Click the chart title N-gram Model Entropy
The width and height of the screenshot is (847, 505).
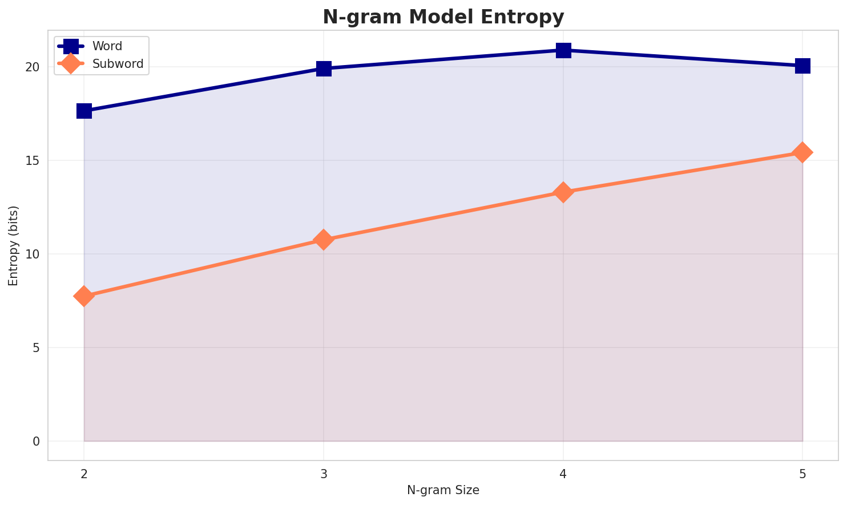[x=443, y=17]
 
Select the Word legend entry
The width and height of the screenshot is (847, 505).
[x=107, y=46]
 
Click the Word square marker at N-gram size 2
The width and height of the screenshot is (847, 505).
[x=84, y=111]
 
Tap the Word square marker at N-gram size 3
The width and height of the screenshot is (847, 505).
[x=324, y=68]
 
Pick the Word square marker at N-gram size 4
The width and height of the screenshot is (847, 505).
[x=563, y=50]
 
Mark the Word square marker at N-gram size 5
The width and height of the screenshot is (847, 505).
[x=802, y=66]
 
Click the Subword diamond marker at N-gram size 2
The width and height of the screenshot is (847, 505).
[x=84, y=296]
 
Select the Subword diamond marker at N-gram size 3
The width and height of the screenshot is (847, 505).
[x=324, y=240]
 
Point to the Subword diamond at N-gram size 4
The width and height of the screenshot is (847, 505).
[x=563, y=192]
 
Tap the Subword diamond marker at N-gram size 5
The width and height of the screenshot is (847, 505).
[x=802, y=152]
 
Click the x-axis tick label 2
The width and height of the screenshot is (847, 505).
[x=84, y=473]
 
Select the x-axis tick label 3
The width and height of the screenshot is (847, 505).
[x=324, y=473]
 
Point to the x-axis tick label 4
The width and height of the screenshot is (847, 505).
[x=563, y=473]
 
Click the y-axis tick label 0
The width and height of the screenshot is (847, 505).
[x=36, y=441]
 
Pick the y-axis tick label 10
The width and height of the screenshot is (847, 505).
[x=33, y=254]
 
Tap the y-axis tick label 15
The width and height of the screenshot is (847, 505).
[x=33, y=160]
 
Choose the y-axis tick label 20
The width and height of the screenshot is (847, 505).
[x=33, y=67]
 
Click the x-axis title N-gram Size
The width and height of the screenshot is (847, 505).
[x=443, y=490]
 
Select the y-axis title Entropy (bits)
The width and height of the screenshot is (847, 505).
[x=14, y=245]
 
